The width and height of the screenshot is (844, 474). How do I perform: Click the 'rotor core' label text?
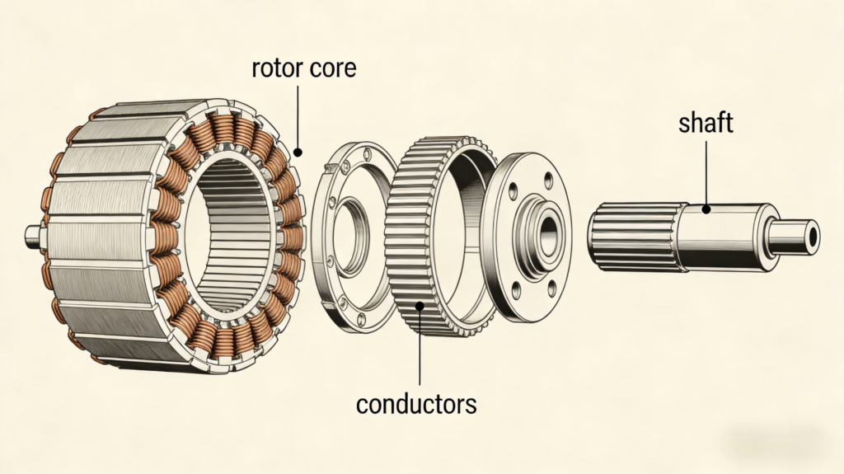click(x=303, y=68)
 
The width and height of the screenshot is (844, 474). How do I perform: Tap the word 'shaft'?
click(x=706, y=124)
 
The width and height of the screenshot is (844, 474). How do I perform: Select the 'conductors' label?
click(x=415, y=404)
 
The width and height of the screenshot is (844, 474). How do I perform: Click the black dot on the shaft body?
click(x=706, y=210)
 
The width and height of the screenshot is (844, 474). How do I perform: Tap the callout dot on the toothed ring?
click(x=421, y=307)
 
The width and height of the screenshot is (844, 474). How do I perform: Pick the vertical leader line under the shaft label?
click(x=706, y=173)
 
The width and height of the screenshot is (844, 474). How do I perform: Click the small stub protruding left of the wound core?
click(x=34, y=237)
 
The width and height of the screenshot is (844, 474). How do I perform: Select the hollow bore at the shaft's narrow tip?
click(x=813, y=236)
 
